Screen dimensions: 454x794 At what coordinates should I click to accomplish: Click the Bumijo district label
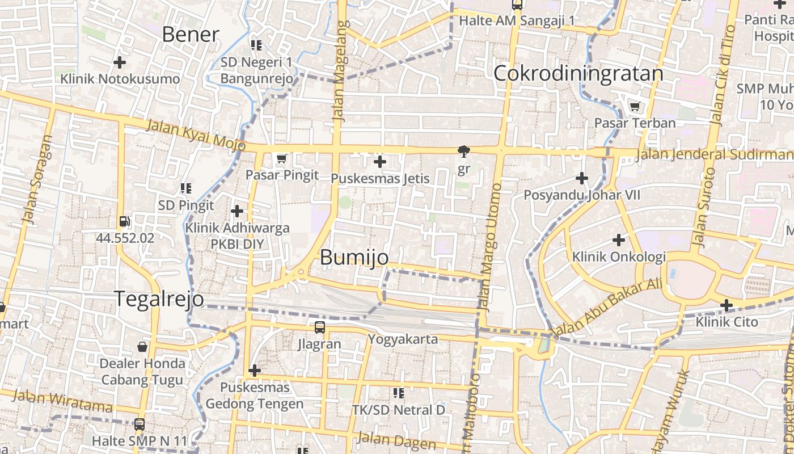point(354,257)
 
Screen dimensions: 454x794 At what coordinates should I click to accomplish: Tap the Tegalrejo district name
point(159,299)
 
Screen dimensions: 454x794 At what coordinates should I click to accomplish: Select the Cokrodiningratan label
point(578,74)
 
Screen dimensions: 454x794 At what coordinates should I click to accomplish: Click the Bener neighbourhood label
point(190,35)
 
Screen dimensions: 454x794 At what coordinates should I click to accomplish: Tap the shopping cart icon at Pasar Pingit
point(281,159)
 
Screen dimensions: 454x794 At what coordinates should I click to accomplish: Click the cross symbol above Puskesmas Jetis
point(380,162)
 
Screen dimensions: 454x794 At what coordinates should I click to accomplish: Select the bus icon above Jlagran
point(320,327)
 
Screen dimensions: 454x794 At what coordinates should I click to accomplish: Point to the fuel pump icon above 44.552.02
point(125,222)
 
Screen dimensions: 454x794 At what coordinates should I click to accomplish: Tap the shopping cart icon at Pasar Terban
point(635,106)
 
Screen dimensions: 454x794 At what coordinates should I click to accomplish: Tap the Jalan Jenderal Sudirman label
point(715,154)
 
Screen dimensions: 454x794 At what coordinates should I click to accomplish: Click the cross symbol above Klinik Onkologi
point(619,240)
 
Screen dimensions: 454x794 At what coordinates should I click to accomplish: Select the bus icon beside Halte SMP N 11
point(139,424)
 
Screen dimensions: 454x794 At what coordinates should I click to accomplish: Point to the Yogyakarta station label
point(403,339)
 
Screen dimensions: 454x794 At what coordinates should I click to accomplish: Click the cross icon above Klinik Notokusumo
point(119,62)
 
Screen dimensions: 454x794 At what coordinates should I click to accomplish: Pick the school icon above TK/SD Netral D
point(399,393)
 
